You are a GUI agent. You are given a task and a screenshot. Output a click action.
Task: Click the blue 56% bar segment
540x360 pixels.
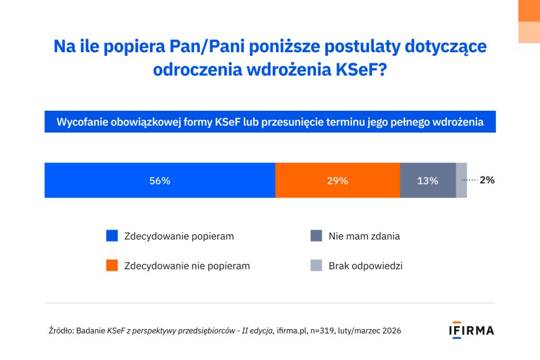[160, 180]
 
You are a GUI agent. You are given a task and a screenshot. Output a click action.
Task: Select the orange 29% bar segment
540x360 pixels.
[337, 180]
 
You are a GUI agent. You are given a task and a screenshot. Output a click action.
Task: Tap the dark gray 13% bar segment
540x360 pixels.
[428, 180]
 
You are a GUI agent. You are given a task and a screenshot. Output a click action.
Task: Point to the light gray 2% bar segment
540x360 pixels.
[461, 180]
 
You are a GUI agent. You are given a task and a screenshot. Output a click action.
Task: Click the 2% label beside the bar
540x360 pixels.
[487, 180]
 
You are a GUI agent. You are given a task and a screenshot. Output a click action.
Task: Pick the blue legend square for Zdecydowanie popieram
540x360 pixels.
[112, 236]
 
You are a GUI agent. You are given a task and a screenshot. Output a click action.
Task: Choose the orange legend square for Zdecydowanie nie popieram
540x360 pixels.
[112, 266]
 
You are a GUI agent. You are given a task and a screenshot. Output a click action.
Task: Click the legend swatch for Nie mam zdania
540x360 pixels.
[316, 236]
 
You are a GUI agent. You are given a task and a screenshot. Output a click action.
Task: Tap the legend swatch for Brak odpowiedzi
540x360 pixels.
[316, 266]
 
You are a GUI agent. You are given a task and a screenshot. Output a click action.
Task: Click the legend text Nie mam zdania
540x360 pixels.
[364, 236]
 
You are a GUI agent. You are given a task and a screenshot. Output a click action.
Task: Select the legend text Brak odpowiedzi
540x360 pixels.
[365, 266]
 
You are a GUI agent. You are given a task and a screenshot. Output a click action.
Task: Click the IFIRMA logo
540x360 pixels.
[471, 330]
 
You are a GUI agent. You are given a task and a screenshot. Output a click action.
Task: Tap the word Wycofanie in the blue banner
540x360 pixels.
[81, 122]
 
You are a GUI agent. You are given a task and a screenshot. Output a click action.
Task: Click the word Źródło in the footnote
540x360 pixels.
[61, 331]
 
